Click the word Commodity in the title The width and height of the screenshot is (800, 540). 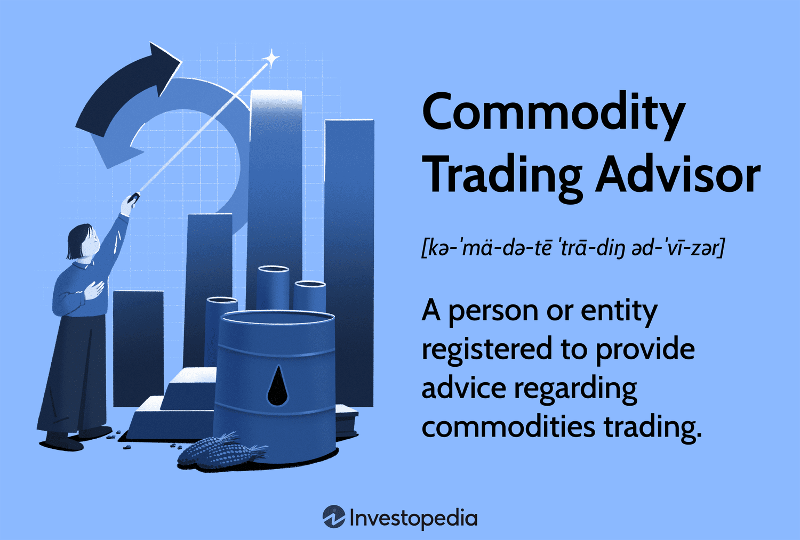(x=554, y=114)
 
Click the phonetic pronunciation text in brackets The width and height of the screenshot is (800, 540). (x=573, y=248)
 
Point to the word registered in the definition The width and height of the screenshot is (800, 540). (x=487, y=350)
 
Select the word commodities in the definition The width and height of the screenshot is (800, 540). (x=508, y=426)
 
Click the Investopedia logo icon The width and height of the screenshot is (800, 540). (x=334, y=517)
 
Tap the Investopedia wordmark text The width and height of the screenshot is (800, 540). (x=413, y=518)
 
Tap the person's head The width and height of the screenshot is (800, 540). (x=83, y=241)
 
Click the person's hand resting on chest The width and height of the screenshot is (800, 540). (x=93, y=290)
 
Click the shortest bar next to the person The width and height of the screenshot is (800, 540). (x=139, y=349)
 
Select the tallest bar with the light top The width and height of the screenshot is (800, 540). (x=275, y=200)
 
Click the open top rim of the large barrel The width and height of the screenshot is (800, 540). (x=277, y=317)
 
